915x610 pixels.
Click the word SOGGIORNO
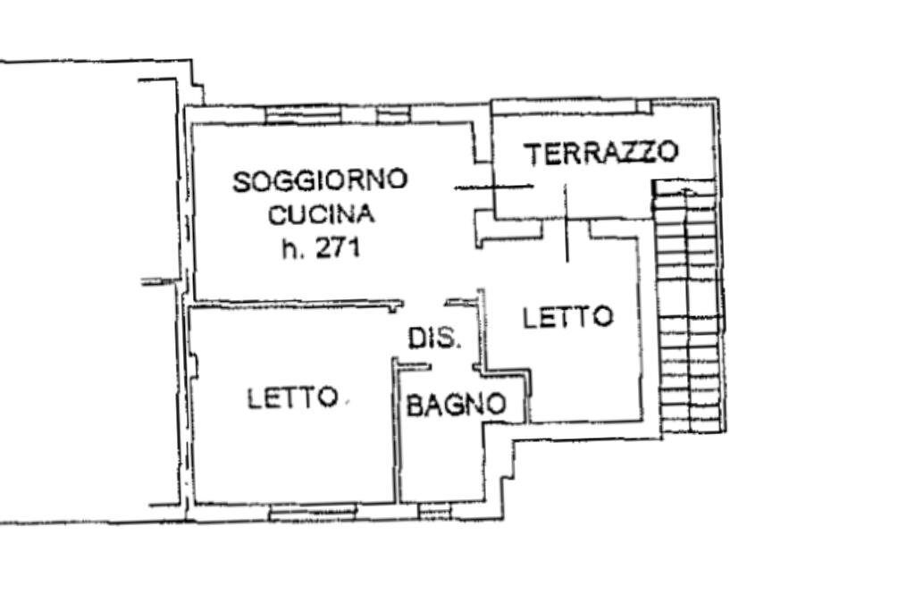[320, 180]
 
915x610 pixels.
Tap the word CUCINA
[321, 214]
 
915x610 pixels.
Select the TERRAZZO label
[601, 153]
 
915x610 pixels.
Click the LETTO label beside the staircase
[568, 317]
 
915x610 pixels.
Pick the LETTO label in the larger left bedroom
[292, 398]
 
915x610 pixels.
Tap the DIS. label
[434, 338]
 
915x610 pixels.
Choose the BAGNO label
[456, 405]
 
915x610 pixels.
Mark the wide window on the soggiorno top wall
[304, 114]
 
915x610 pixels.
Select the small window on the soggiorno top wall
[392, 114]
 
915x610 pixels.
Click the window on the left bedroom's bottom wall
[313, 512]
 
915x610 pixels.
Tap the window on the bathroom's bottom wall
[435, 511]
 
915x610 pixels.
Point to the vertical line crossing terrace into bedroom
[567, 223]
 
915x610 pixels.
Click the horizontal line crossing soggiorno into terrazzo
[493, 188]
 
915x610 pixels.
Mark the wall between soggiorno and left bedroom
[295, 305]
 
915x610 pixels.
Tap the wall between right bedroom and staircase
[640, 330]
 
